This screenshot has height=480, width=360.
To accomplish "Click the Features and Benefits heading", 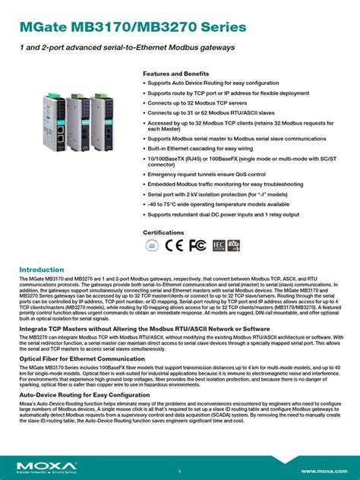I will point(175,74).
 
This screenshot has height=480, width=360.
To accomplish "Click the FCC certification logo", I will point(197,245).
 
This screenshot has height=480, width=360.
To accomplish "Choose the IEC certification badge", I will point(218,245).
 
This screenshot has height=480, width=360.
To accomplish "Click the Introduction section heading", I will point(41,269).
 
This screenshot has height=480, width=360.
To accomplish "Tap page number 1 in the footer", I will point(179,471).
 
